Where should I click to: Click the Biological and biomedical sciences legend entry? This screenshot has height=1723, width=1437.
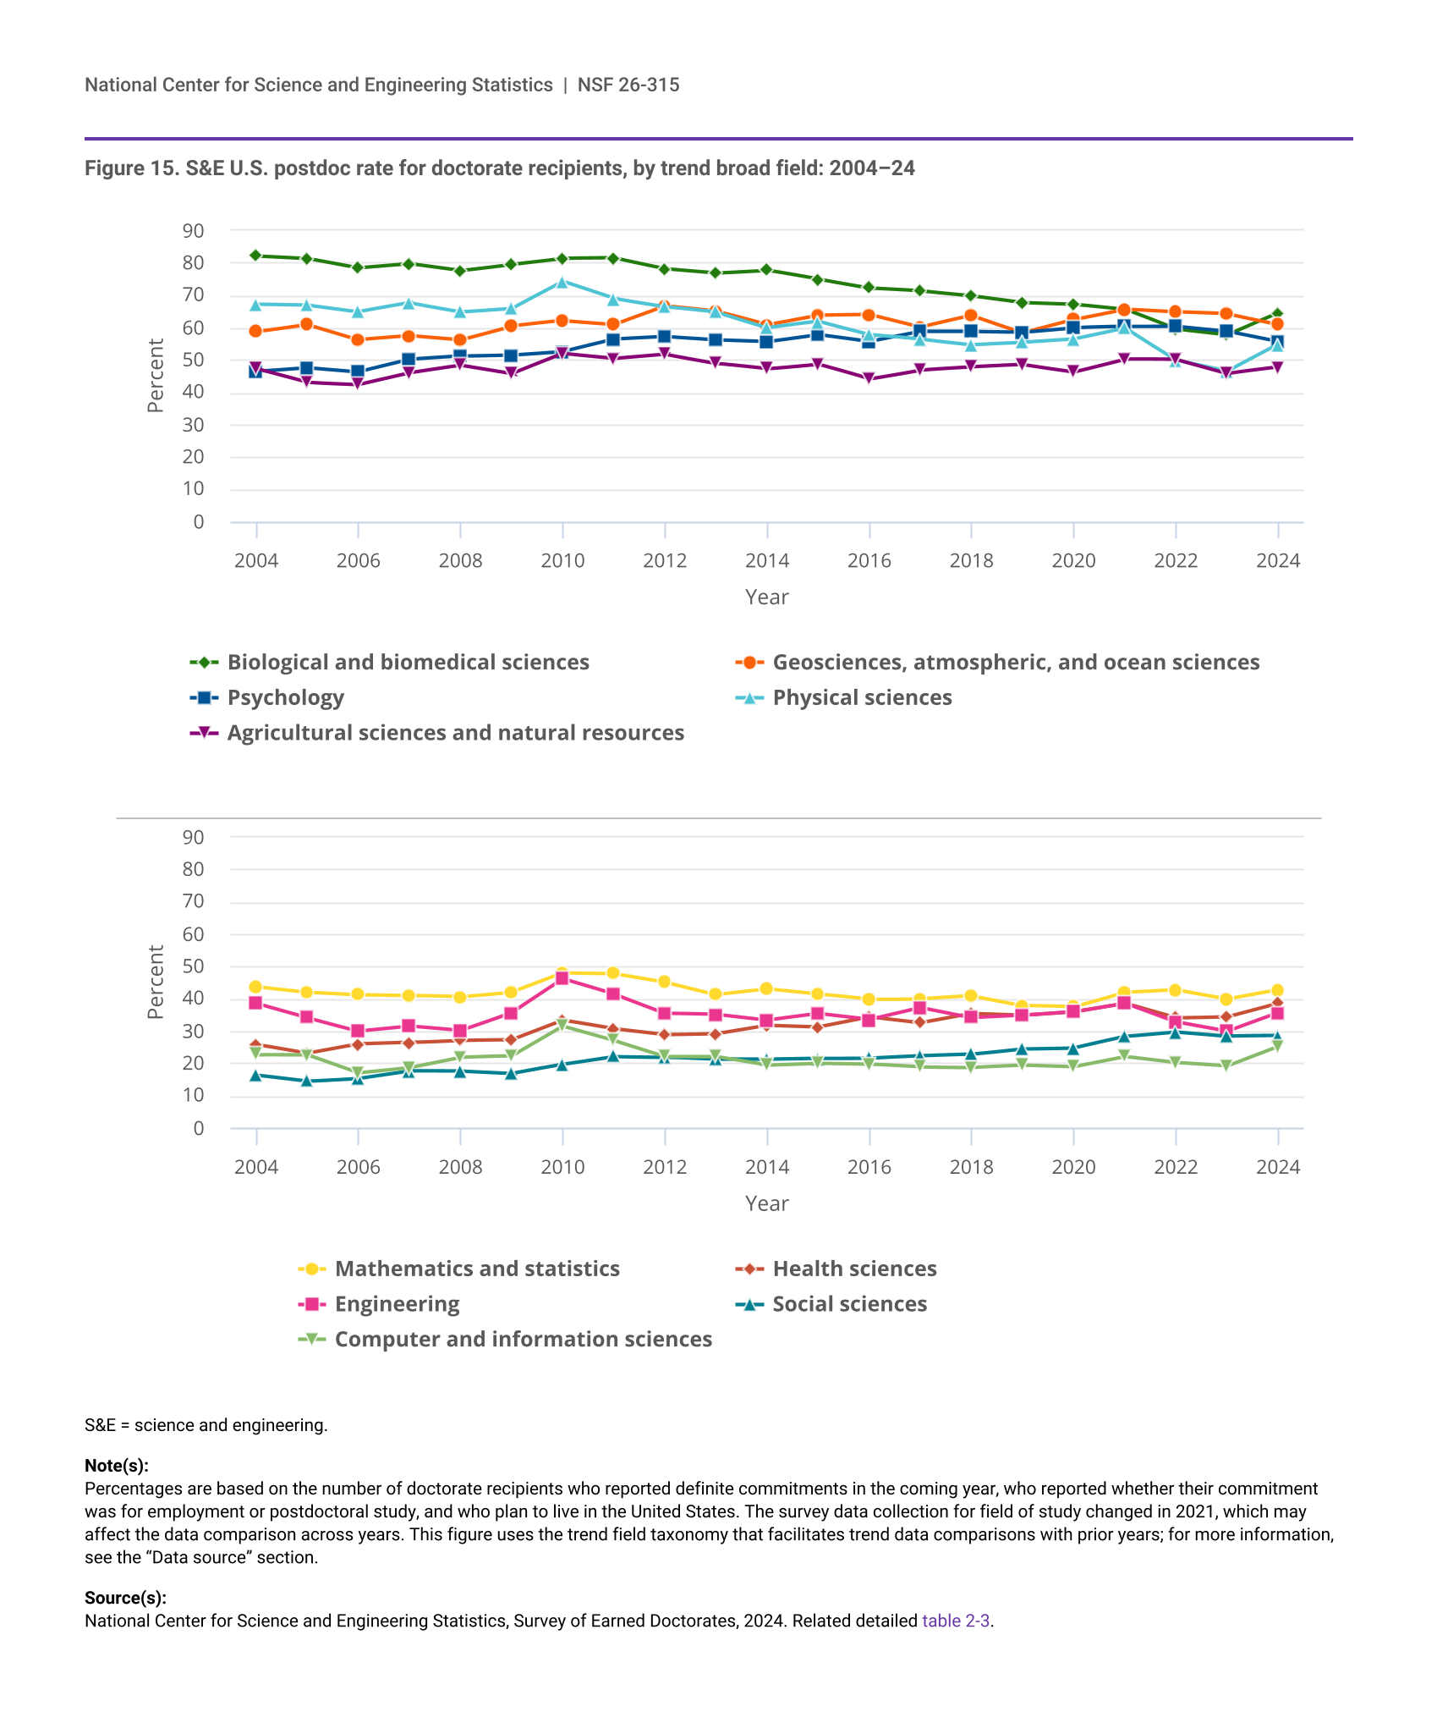click(408, 663)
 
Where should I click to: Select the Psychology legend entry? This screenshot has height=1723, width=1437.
click(285, 698)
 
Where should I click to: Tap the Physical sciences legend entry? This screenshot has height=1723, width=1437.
click(862, 698)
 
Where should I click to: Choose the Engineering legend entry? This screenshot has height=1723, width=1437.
click(397, 1304)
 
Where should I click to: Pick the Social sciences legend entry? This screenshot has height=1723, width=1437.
click(849, 1304)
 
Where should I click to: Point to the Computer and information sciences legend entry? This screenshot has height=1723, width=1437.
click(523, 1340)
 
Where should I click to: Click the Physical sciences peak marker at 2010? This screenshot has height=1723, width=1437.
click(562, 282)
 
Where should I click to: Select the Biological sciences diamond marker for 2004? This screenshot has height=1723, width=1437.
click(256, 256)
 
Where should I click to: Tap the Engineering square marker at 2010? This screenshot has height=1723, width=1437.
click(562, 977)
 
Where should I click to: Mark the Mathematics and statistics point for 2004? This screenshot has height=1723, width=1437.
click(256, 987)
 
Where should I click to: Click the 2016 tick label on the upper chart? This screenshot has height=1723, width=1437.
click(869, 561)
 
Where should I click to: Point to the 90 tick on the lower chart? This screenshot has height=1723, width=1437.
click(194, 838)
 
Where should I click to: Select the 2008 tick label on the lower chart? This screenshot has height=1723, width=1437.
click(460, 1168)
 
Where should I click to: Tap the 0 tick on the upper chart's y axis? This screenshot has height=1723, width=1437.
click(199, 522)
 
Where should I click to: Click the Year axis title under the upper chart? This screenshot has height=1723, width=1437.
click(766, 597)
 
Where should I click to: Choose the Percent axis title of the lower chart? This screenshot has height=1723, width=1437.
click(156, 983)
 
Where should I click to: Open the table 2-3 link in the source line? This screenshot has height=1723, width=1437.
click(955, 1621)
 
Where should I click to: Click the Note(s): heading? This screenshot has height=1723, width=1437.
click(117, 1466)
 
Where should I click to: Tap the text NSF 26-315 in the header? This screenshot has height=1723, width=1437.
click(628, 85)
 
